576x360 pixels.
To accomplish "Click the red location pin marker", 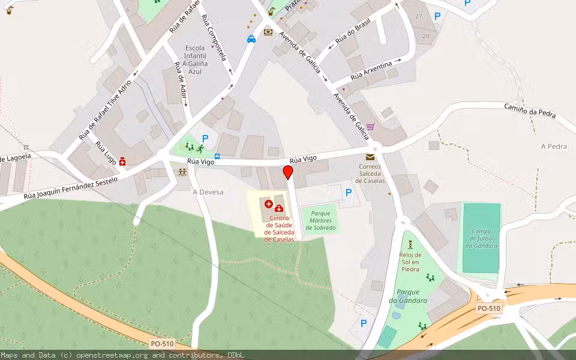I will [288, 173].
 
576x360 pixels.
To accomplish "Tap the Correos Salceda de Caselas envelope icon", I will [370, 157].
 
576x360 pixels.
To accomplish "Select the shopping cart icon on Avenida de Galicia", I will [370, 127].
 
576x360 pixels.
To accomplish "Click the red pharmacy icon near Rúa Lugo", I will [122, 161].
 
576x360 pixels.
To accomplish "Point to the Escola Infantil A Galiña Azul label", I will [195, 59].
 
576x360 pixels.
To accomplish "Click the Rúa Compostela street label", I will [214, 37].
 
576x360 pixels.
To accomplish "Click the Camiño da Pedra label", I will [530, 110].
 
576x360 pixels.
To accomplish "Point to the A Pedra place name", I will [554, 146].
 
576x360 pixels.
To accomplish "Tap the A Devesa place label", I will [208, 192].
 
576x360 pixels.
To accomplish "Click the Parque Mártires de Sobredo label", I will [319, 220].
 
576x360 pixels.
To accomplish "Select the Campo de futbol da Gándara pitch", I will [481, 238].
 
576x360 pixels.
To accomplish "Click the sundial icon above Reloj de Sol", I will [410, 244].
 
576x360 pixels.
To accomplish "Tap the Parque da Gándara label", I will [408, 296].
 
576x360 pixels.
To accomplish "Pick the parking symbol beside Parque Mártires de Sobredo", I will [349, 193].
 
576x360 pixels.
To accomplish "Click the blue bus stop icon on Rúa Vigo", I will [217, 157].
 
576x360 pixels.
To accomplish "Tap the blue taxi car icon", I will [251, 39].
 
